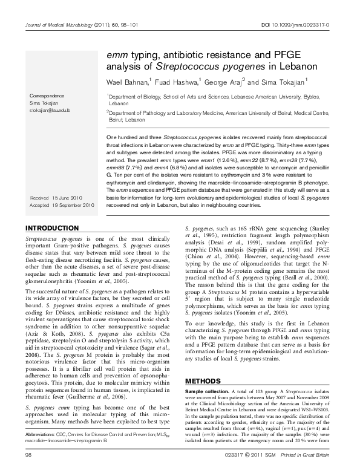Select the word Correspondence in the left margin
click(50, 96)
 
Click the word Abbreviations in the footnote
click(44, 450)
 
